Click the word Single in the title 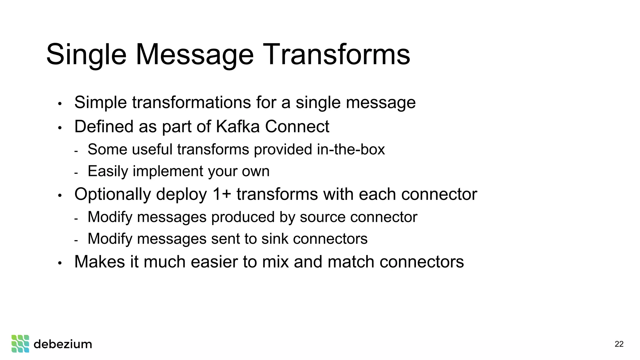[x=86, y=55]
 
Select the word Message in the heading [x=194, y=55]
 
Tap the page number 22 [x=619, y=344]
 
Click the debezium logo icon [x=20, y=344]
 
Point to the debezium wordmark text [x=63, y=344]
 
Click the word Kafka [x=237, y=127]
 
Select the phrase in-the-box [x=351, y=149]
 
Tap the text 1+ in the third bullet [x=222, y=194]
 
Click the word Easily [x=108, y=171]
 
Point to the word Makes [x=100, y=262]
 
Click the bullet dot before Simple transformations [x=60, y=103]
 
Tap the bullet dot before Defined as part [x=60, y=128]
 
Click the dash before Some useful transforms [x=76, y=151]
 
